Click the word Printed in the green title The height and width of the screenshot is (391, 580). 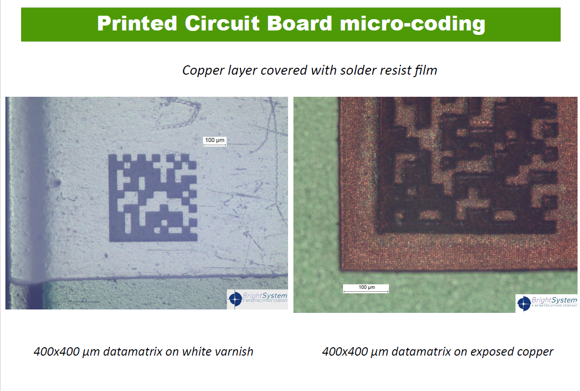(x=137, y=24)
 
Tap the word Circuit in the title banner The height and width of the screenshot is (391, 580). (x=222, y=23)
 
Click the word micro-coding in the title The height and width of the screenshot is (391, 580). (x=413, y=25)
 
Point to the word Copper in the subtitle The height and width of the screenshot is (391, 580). (x=203, y=71)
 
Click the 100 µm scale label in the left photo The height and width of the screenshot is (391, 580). (x=214, y=140)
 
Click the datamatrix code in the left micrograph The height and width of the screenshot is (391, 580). (x=153, y=197)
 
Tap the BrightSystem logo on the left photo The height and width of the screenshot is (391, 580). (x=258, y=299)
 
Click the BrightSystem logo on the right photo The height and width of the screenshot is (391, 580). (x=547, y=304)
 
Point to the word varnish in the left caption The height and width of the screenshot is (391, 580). (x=235, y=351)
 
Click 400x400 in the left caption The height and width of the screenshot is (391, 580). (x=56, y=351)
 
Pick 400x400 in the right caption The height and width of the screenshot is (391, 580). (x=345, y=351)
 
